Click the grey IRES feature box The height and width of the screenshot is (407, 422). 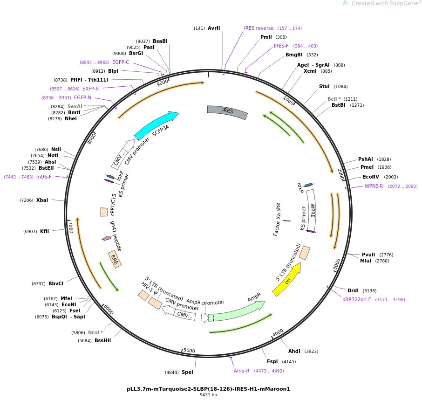[227, 111]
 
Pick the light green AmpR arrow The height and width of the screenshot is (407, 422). [237, 311]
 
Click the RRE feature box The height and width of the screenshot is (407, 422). [115, 259]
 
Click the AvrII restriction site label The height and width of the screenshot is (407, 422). [214, 28]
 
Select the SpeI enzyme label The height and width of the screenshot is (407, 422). [187, 372]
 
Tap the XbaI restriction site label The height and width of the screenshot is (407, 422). [42, 200]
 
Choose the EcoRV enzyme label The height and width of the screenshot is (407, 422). [371, 177]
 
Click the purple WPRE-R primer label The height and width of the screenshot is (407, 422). [374, 186]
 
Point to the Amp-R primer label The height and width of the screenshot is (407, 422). [241, 371]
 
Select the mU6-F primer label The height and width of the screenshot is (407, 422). [44, 177]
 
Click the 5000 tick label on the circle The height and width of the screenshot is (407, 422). [189, 351]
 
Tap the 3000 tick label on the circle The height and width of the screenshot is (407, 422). [336, 264]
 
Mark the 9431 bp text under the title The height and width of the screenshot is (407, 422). [208, 394]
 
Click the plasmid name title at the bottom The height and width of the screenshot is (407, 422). [208, 389]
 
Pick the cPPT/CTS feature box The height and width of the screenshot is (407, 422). [104, 212]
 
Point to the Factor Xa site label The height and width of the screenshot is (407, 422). [277, 219]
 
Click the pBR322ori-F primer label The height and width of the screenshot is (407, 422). [356, 299]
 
